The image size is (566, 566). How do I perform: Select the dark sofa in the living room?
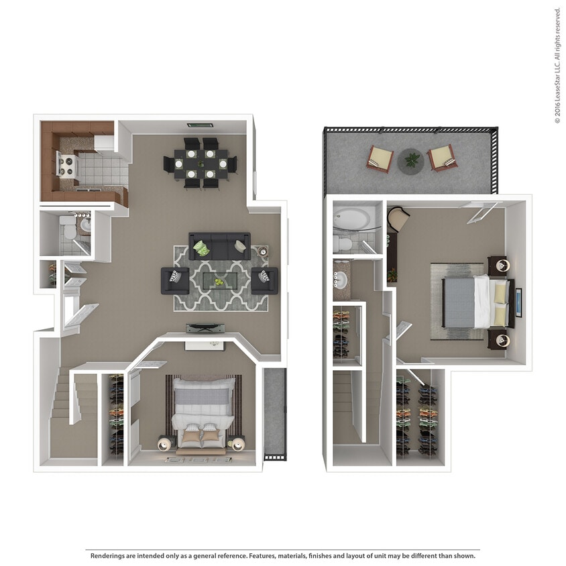[219, 245]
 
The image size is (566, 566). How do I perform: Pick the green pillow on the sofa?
[201, 249]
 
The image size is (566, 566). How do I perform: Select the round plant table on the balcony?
[410, 161]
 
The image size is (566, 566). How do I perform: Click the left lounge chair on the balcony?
[380, 158]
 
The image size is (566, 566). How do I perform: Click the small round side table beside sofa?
[261, 251]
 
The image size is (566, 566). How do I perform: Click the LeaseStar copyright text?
[557, 66]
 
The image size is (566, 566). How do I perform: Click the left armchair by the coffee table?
[174, 280]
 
